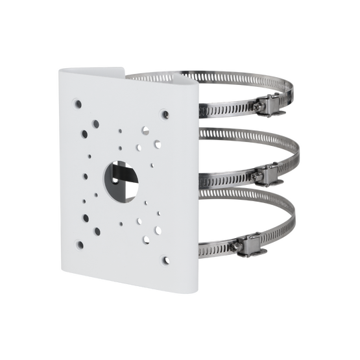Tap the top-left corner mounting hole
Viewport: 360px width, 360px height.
77,101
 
